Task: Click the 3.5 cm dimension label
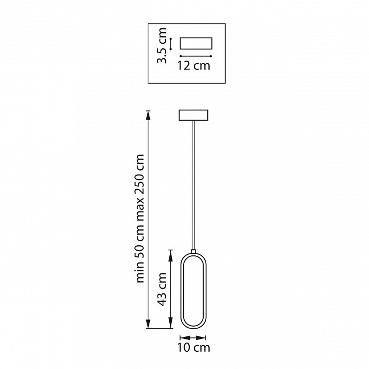162,45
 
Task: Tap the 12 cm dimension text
194,66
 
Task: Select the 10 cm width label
194,348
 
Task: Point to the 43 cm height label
162,289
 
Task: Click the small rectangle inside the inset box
196,43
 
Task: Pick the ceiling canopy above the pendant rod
193,115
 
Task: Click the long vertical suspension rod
193,185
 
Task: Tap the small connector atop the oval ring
193,251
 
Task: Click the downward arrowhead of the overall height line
148,323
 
